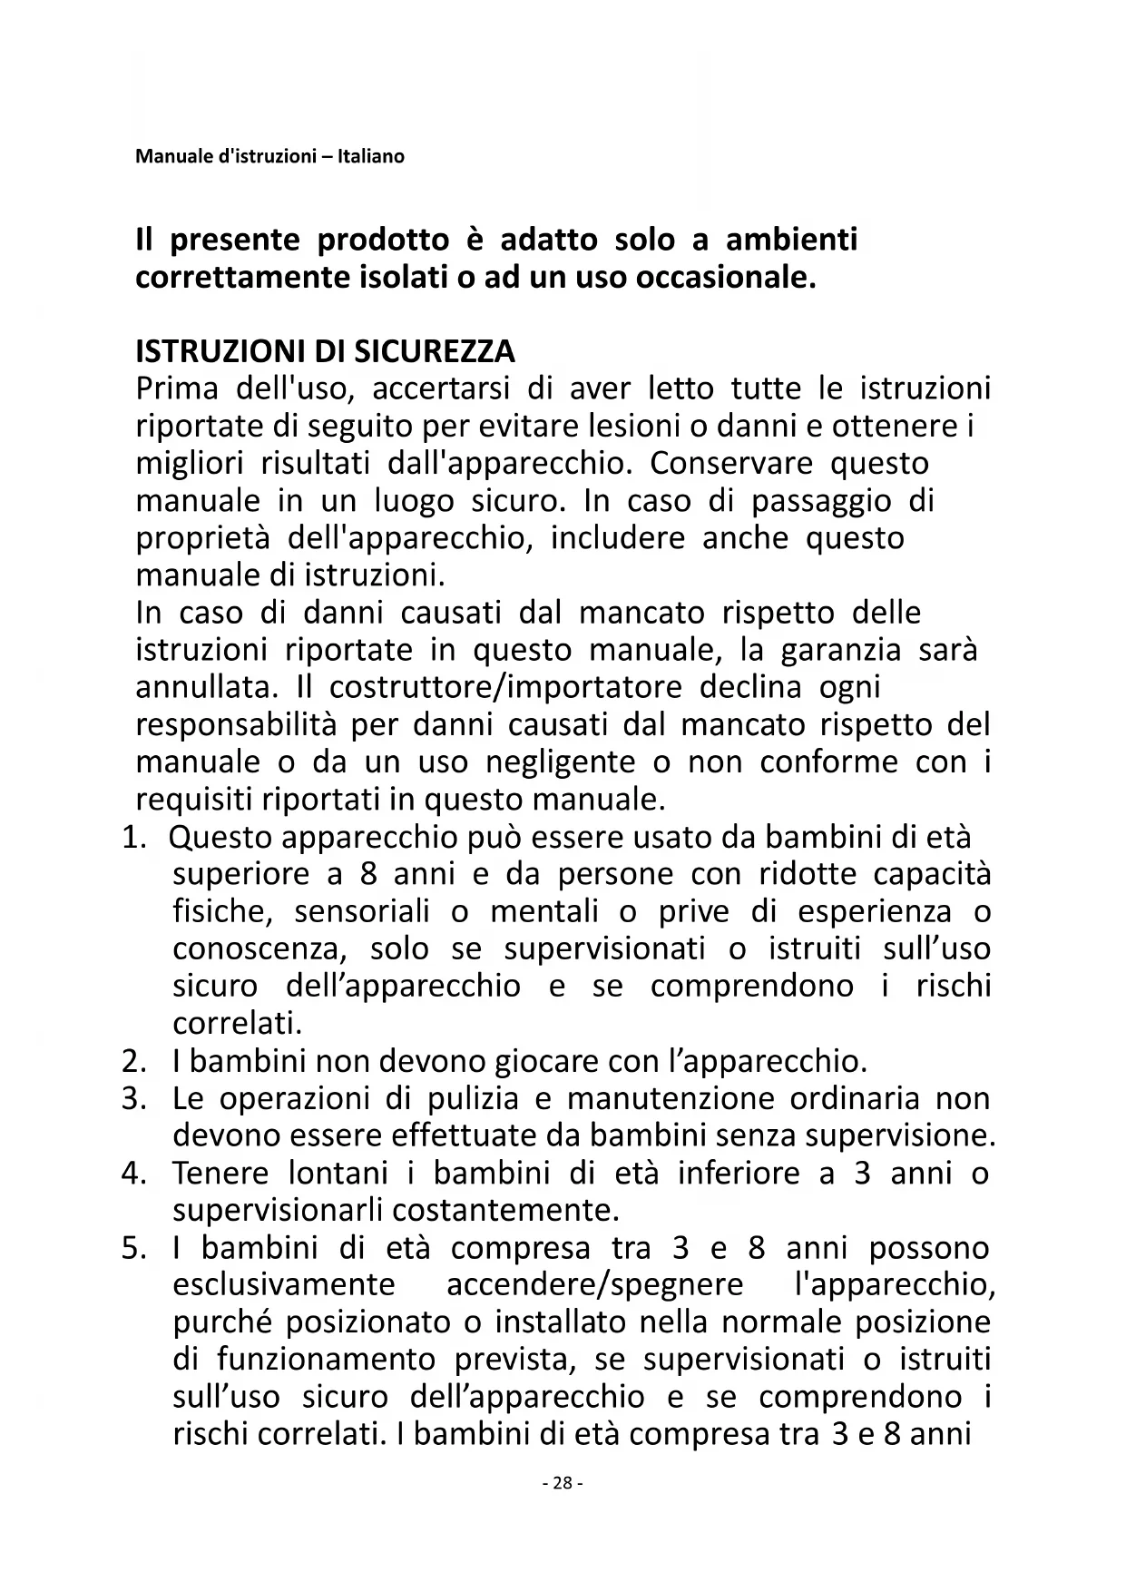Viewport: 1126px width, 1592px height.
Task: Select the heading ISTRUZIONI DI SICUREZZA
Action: pyautogui.click(x=325, y=351)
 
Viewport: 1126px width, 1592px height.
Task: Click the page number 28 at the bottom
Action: pyautogui.click(x=563, y=1483)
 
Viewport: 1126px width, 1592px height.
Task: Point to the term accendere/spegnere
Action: pyautogui.click(x=595, y=1285)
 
